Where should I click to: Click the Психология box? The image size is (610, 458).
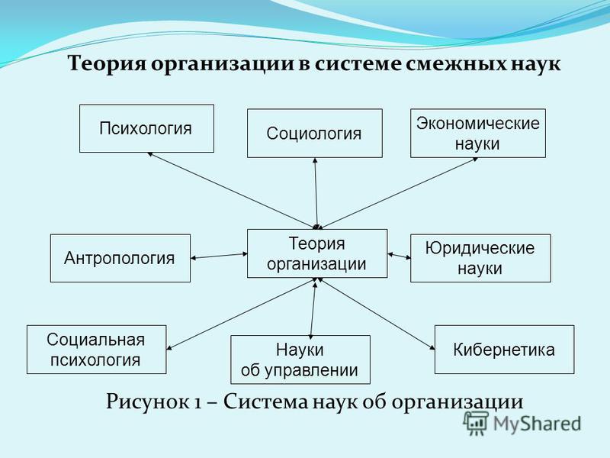pos(146,128)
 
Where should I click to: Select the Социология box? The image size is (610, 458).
pos(315,133)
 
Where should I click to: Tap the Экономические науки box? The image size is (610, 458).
pos(478,133)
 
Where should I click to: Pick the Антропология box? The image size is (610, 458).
pos(120,258)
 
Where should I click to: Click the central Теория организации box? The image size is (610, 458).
pos(317,253)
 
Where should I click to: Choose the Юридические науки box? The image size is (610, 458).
pos(480,258)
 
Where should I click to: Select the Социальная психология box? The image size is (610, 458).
pos(97,350)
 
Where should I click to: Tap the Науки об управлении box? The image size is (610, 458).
pos(300,360)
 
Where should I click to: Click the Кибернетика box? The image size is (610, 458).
pos(504,350)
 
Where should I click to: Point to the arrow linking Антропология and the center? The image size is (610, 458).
pos(219,256)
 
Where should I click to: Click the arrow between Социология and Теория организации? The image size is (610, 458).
pos(316,193)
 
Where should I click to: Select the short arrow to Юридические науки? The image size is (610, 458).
pos(399,256)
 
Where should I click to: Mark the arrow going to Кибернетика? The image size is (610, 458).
pos(377,314)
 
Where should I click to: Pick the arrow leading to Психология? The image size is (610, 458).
pos(232,190)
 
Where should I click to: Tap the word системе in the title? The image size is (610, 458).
pos(358,63)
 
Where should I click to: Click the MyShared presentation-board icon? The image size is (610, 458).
pos(476,423)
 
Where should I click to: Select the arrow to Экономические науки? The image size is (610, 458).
pos(399,193)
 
